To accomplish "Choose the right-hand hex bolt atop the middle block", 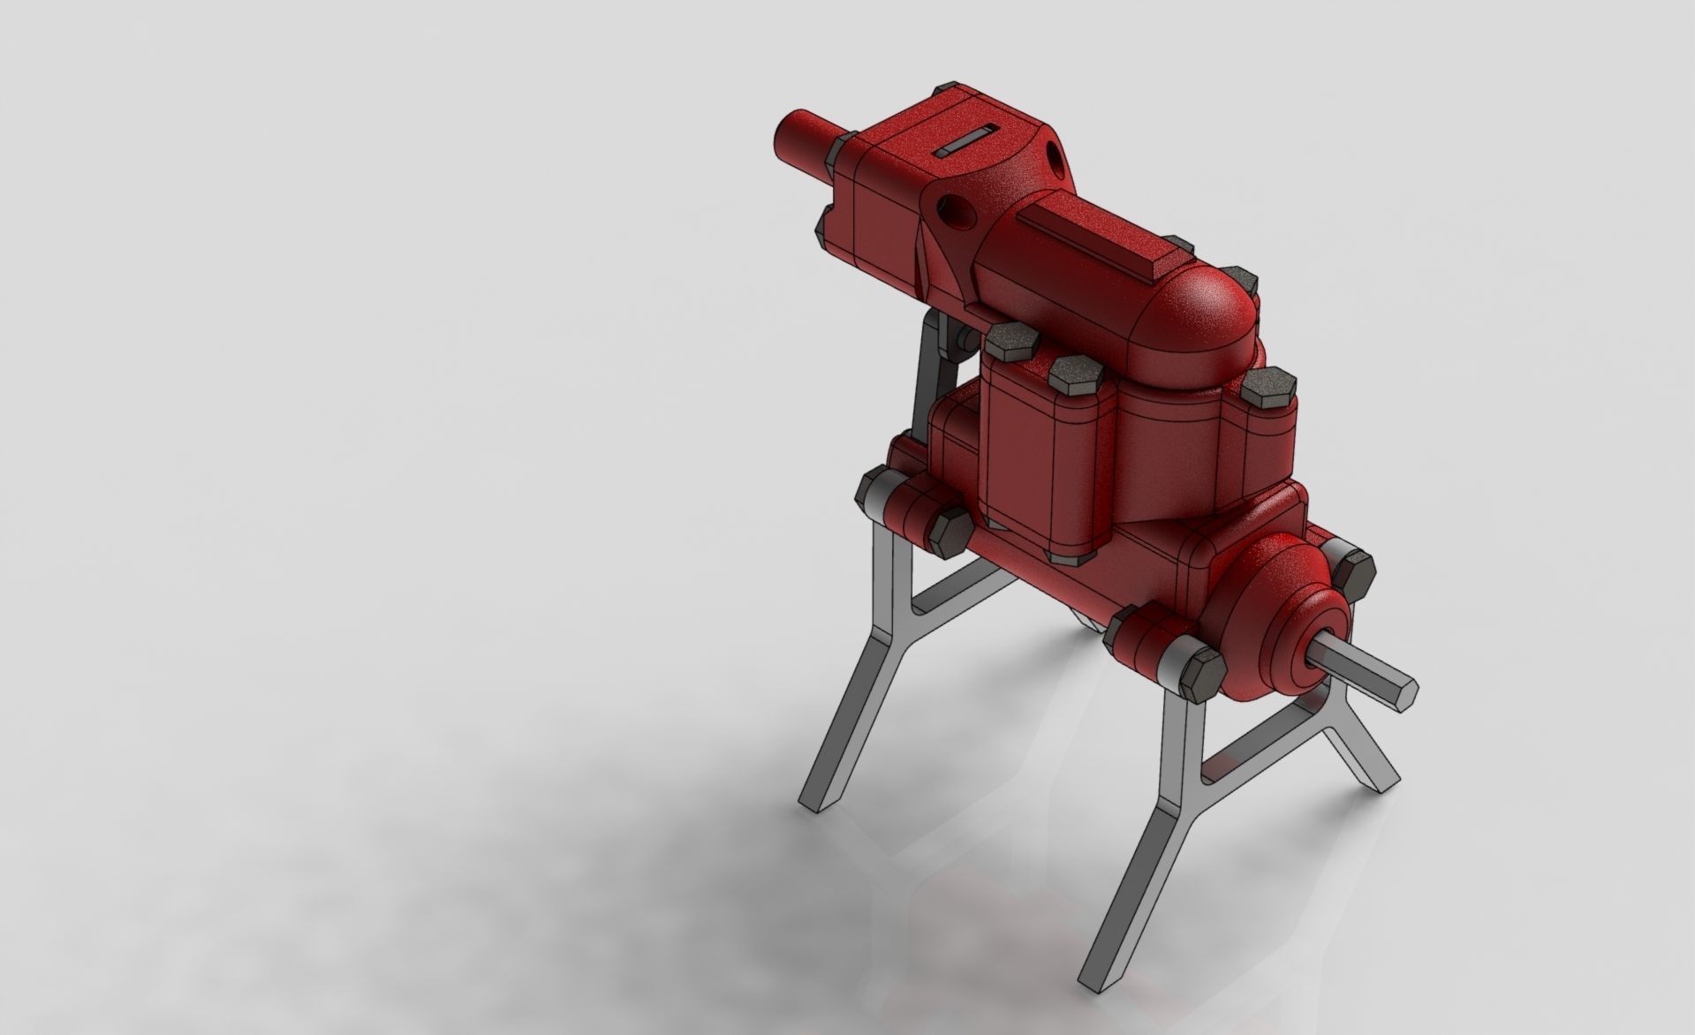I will (1267, 390).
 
